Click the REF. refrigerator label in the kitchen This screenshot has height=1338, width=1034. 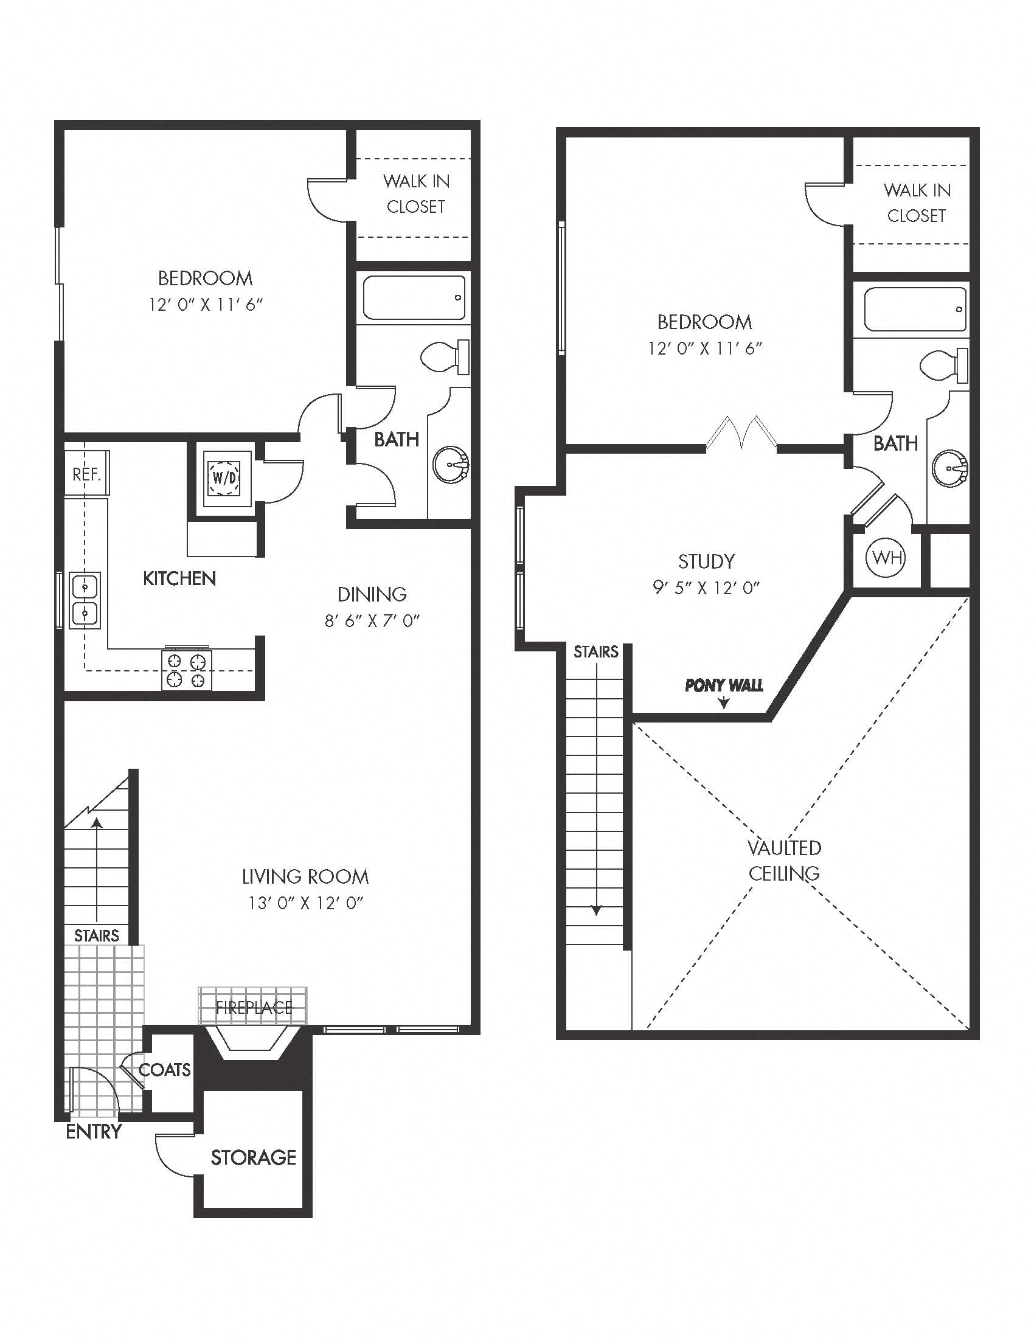[86, 474]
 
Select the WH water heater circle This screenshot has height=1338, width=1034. [885, 558]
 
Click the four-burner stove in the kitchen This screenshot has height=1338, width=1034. [187, 670]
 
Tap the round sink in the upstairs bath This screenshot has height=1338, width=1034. [949, 469]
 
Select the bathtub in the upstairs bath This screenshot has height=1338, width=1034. [915, 310]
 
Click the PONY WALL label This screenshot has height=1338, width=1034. [724, 685]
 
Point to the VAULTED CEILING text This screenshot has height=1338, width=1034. [785, 861]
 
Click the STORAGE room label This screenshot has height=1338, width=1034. [253, 1157]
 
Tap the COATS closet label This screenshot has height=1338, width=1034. [165, 1070]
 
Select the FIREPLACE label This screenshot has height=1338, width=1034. [254, 1008]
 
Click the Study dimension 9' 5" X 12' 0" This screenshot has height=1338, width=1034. [706, 588]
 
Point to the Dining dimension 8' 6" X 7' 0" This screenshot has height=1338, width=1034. [372, 621]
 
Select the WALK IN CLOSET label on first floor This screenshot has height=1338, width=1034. [416, 193]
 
